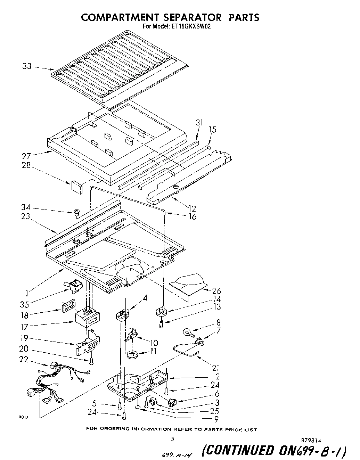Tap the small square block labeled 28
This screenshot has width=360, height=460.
point(75,186)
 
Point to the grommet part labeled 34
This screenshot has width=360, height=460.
point(75,212)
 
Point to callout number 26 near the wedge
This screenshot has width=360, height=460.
point(216,291)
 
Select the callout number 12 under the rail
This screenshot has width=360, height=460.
point(192,208)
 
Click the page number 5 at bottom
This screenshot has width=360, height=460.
point(173,439)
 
